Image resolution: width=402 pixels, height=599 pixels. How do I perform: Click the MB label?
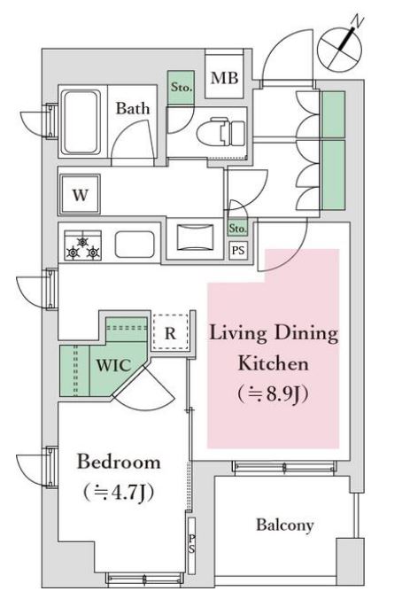point(225,78)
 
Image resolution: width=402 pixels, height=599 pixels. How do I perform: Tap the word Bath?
point(133,108)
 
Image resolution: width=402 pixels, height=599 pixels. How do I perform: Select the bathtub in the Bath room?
point(81,122)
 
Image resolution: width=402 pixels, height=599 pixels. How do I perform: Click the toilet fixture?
point(221,131)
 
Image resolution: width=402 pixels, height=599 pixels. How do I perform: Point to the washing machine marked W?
point(80,194)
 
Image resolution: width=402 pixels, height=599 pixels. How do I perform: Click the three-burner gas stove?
point(83,245)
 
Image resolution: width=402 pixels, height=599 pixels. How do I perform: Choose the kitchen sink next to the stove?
point(135,244)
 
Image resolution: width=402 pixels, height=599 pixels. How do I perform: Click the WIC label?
point(113,365)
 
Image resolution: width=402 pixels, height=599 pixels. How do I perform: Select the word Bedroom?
point(119,462)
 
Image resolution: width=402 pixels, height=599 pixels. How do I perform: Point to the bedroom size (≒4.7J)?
point(119,493)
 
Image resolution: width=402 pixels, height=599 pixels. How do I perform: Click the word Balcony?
point(285,525)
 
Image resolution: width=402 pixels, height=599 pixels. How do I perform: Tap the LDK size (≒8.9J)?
point(273,394)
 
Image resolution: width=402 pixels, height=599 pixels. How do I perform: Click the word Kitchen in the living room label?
point(274,363)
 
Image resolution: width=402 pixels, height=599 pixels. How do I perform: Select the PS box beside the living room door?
point(238,251)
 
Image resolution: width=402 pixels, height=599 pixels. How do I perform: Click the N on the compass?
point(358,21)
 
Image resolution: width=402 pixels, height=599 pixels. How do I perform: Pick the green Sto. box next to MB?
point(181,87)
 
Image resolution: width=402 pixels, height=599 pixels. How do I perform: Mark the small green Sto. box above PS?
point(237,229)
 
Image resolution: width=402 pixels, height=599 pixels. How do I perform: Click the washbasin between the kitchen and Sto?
point(196,237)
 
